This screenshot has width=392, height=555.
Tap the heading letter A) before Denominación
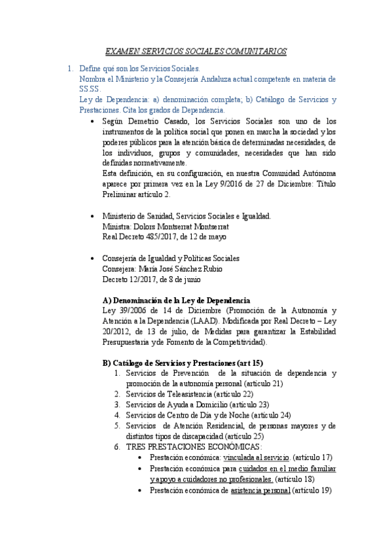coord(108,300)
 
